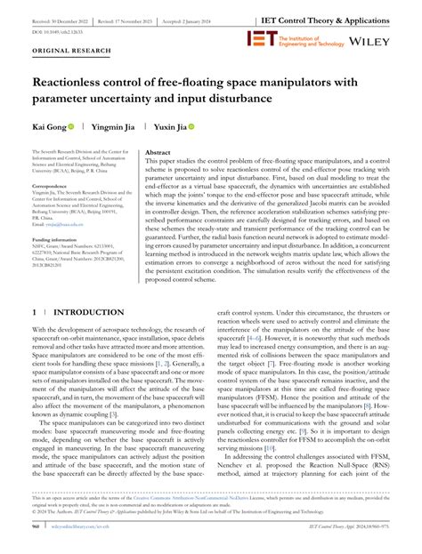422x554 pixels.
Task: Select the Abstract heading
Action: tap(158, 153)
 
